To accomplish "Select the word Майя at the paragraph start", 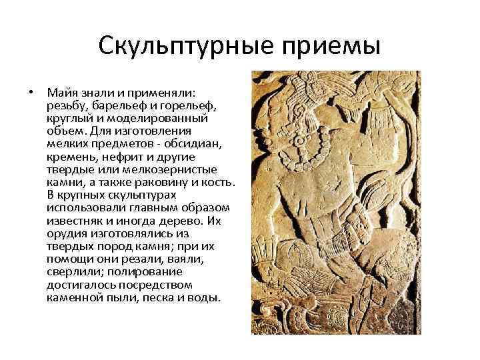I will click(x=61, y=94).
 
